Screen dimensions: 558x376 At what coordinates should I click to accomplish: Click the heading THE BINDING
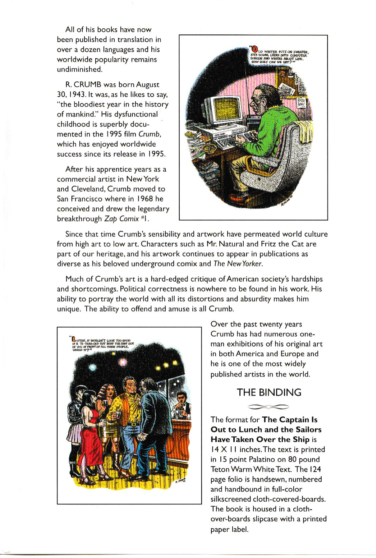tap(269, 392)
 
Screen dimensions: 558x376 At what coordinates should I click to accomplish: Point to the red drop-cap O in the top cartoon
tap(255, 49)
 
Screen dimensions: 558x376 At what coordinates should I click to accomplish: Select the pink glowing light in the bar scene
tap(123, 362)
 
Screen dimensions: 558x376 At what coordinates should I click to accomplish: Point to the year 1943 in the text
tap(73, 94)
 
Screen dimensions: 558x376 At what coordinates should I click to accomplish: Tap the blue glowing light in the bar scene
tap(93, 367)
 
